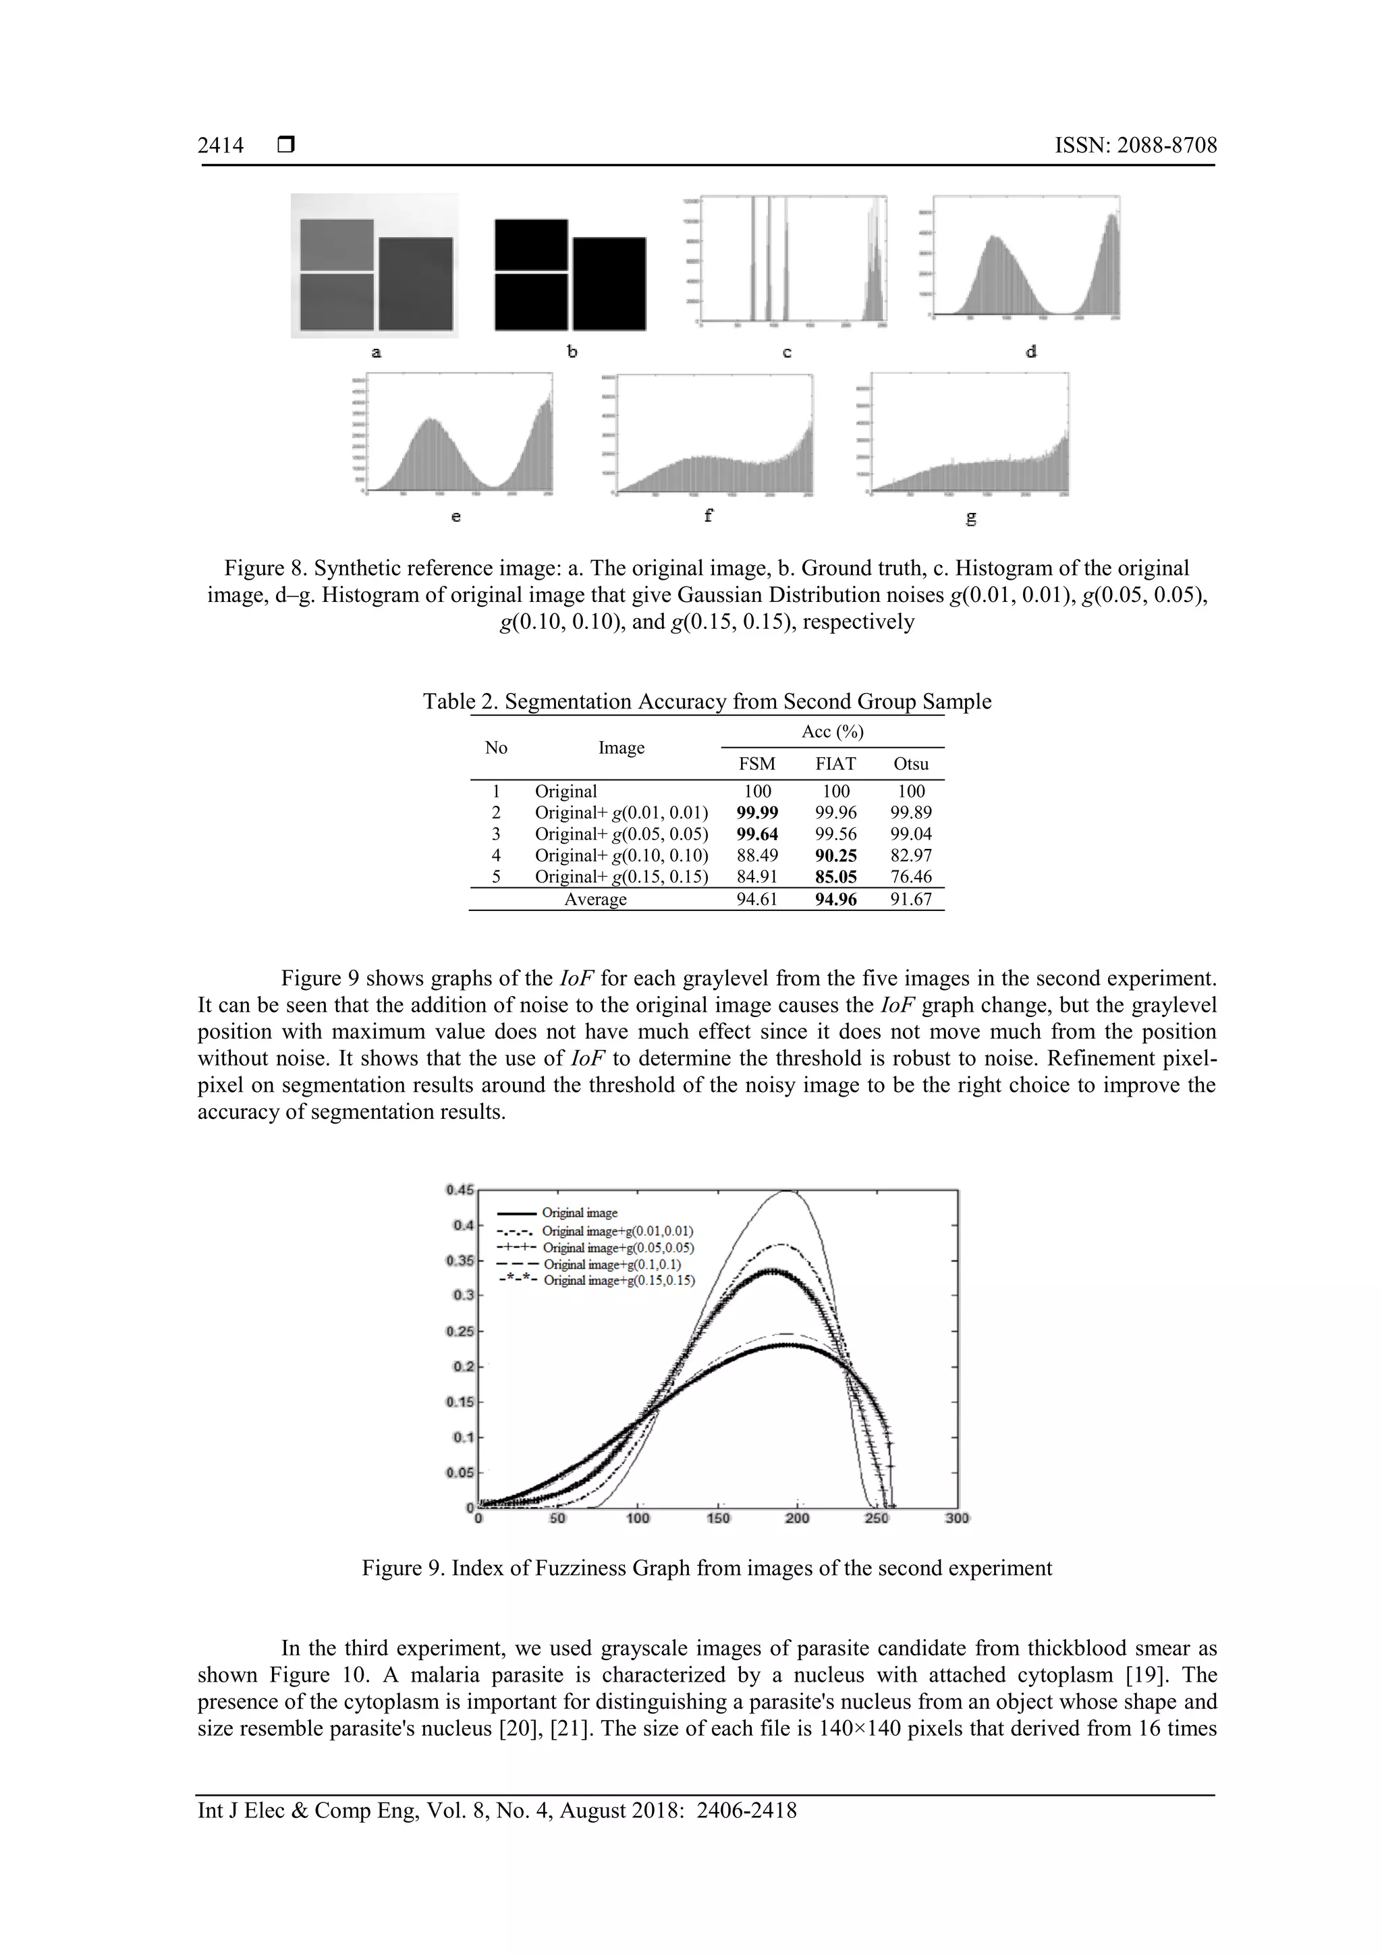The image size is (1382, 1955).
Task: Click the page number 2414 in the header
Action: coord(221,146)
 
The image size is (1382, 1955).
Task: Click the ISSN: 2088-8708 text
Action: coord(1135,146)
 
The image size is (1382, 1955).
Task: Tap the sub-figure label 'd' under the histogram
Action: coord(1030,352)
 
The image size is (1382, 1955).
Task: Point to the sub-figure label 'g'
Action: coord(970,517)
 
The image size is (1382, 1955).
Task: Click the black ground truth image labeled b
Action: coord(569,274)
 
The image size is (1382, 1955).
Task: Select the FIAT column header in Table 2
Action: coord(835,764)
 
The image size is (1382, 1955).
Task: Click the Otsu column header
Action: coord(910,764)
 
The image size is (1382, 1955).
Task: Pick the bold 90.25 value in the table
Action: coord(835,855)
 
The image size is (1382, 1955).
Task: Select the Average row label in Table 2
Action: coord(595,899)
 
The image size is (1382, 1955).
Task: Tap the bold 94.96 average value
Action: coord(835,899)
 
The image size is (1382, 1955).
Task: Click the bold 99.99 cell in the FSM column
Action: coord(757,813)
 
